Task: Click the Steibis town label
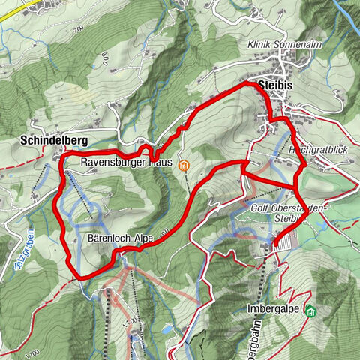[273, 86]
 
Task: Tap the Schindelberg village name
[54, 140]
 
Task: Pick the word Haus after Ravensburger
[160, 161]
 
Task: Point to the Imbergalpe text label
[279, 309]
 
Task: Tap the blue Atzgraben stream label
[31, 245]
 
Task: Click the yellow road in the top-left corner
[19, 6]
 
